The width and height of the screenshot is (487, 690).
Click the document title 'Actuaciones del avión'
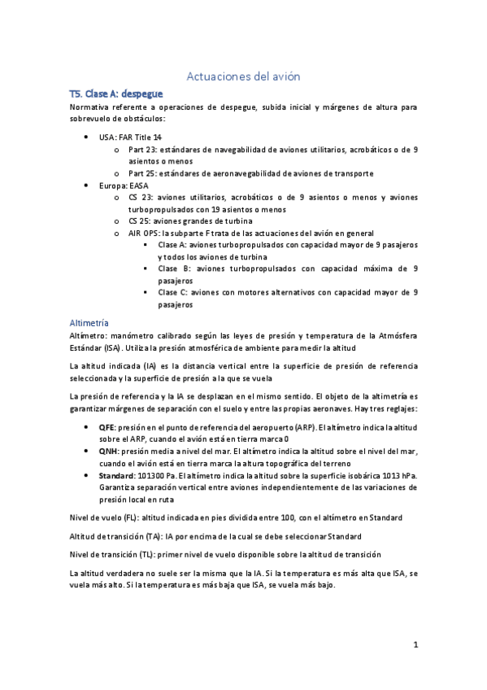(244, 76)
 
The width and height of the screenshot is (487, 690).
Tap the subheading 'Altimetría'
(95, 322)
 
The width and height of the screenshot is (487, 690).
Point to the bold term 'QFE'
(107, 426)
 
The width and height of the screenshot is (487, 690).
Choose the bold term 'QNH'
(108, 451)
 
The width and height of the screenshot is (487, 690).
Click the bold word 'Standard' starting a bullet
(118, 475)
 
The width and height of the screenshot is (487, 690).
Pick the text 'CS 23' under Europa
(140, 197)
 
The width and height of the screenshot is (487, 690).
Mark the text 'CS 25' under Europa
(140, 221)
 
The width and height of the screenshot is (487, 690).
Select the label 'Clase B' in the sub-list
(174, 269)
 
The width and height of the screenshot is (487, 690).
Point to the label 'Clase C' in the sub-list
(174, 292)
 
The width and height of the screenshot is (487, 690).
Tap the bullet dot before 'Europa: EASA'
(87, 186)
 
